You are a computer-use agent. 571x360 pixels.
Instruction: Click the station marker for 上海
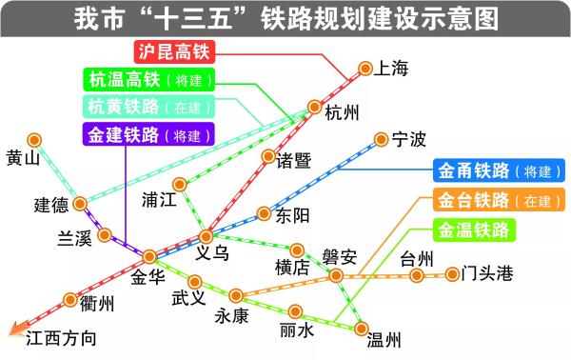coord(364,68)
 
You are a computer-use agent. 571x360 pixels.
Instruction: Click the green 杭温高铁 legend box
coord(148,80)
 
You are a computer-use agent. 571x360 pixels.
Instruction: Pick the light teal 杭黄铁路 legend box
coord(148,107)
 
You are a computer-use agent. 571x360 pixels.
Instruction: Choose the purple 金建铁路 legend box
coord(148,135)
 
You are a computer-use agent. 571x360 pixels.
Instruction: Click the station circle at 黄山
coord(35,139)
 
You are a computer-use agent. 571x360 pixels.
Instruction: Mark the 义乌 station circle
coord(207,236)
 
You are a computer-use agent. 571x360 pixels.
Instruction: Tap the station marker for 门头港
coord(452,275)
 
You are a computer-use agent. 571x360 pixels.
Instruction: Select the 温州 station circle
coord(362,328)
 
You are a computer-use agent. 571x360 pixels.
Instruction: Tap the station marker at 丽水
coord(296,310)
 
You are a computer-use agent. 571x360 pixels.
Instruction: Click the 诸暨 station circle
coord(269,156)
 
